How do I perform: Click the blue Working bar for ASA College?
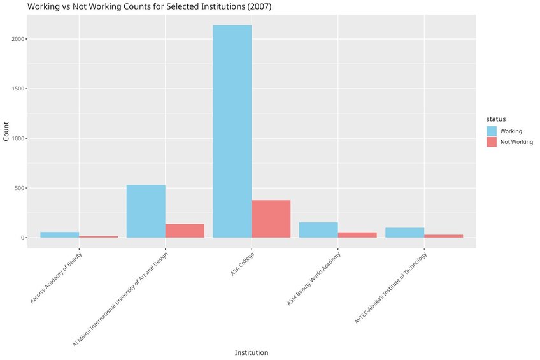point(232,131)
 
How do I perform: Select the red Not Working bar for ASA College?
point(271,219)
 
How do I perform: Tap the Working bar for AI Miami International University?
point(146,211)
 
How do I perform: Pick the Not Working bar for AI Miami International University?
point(185,231)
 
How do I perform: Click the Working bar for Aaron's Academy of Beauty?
point(59,234)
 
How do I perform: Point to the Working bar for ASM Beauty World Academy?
point(318,230)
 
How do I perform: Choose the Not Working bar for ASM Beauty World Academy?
point(357,235)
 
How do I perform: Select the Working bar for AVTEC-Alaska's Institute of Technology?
point(404,233)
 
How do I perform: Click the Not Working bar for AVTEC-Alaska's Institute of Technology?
point(443,236)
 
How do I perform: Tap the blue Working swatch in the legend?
point(492,131)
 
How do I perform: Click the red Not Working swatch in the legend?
point(492,142)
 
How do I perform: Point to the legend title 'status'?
point(496,119)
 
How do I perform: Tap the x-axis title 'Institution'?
point(251,352)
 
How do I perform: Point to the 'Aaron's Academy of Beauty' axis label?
point(56,278)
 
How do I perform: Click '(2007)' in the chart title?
point(259,6)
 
